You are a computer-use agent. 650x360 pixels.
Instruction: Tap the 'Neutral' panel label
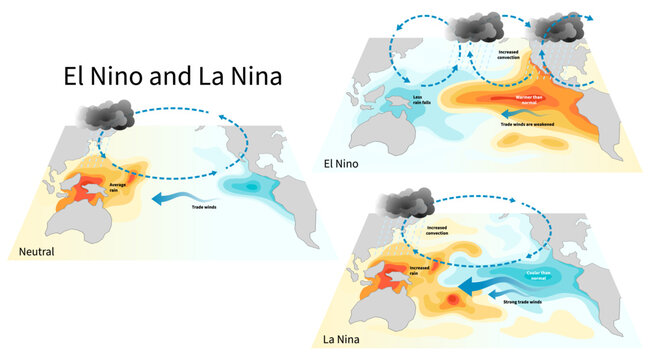pyautogui.click(x=31, y=252)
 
